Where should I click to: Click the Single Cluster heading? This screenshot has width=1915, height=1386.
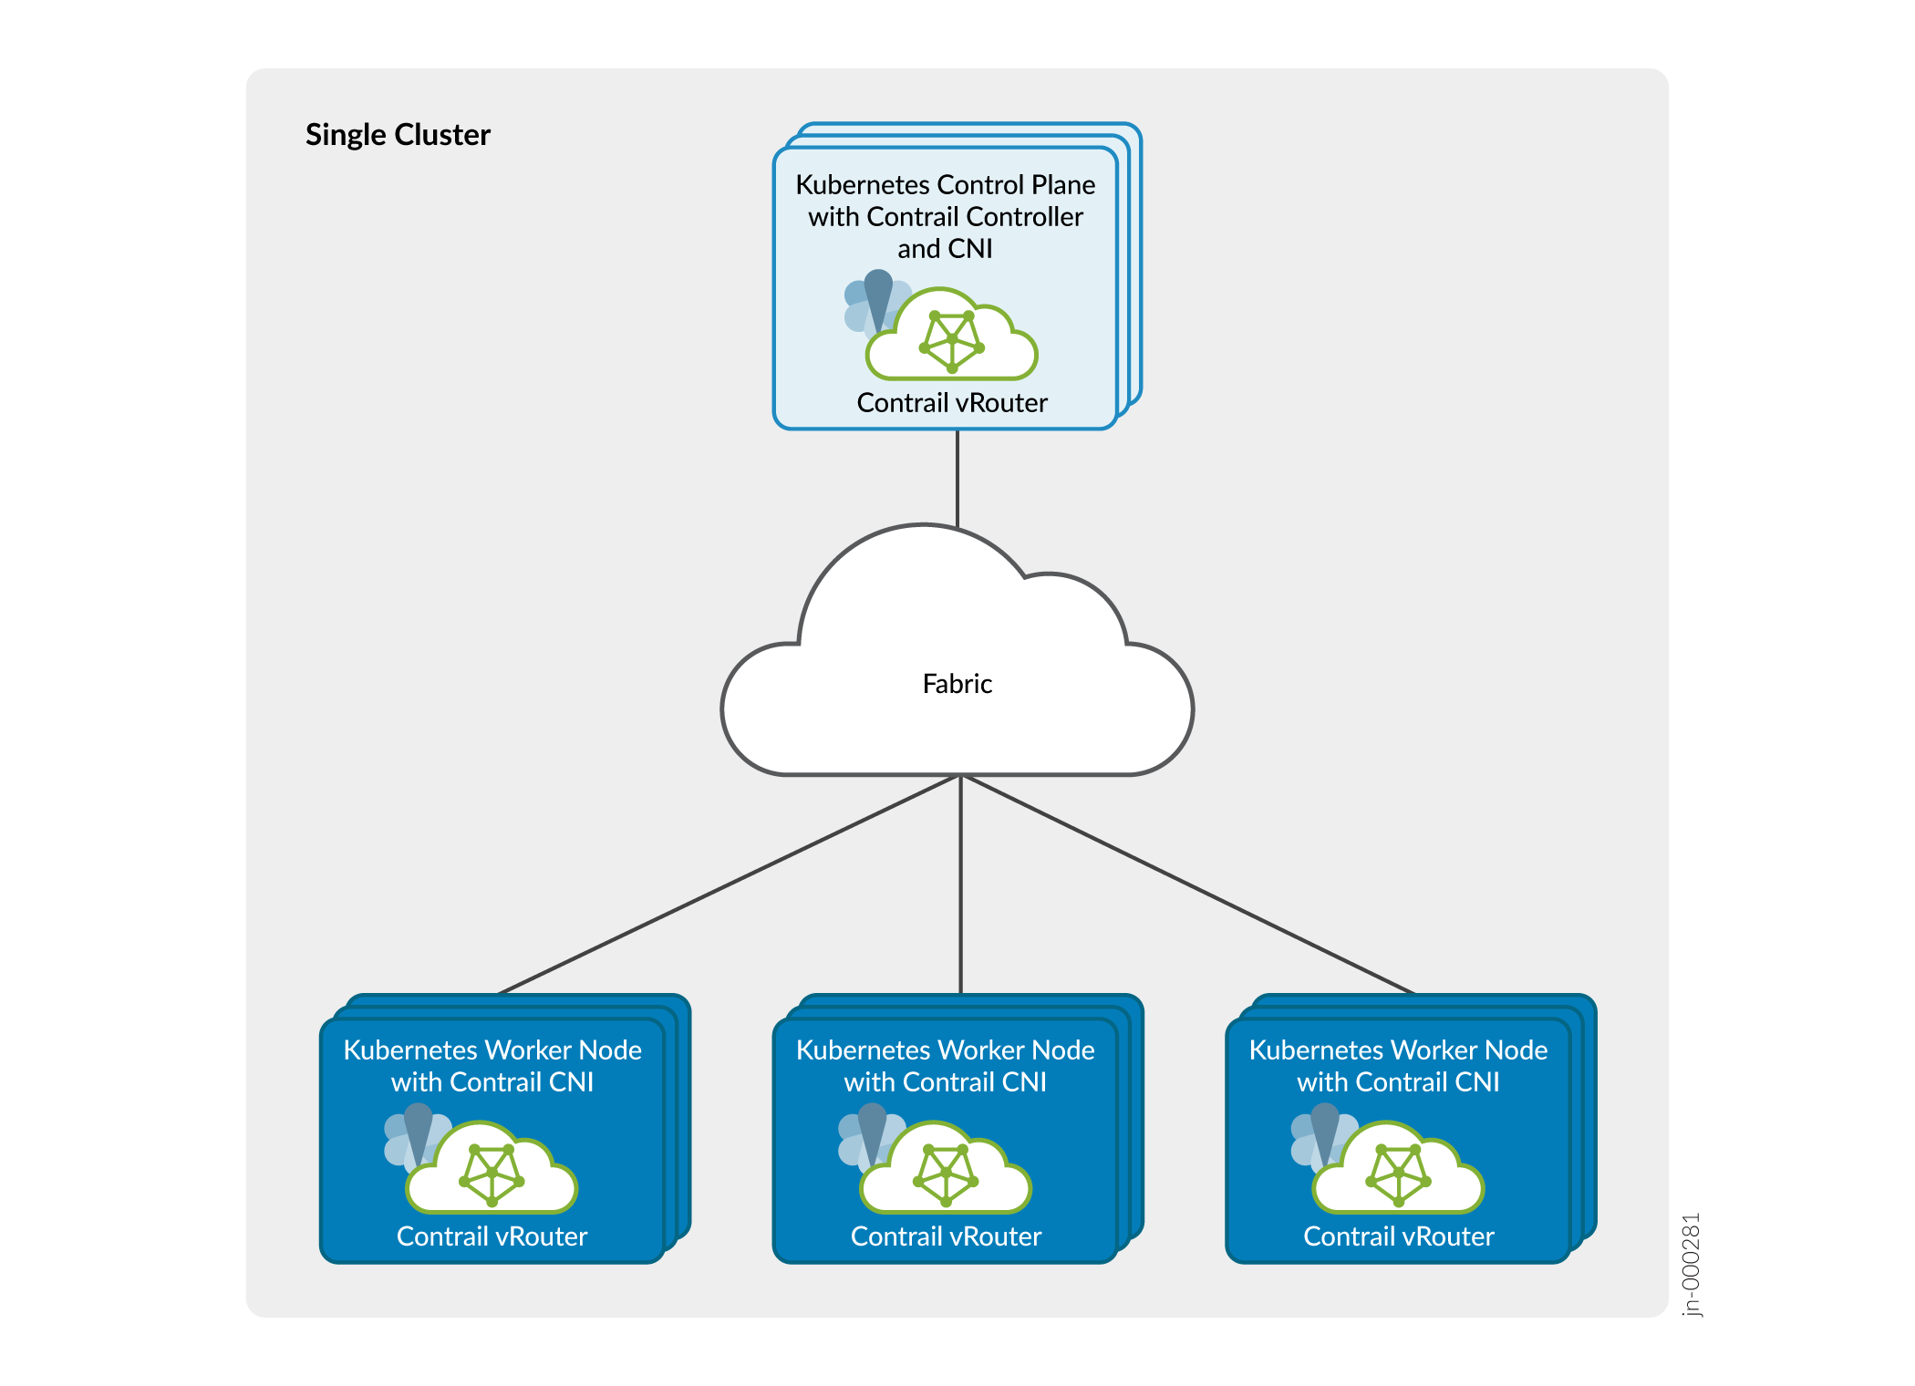398,135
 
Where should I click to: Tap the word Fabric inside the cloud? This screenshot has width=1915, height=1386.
957,684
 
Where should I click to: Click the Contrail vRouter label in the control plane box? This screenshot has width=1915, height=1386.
952,403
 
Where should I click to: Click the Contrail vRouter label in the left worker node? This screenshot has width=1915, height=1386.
492,1236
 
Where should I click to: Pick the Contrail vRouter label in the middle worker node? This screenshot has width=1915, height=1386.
946,1236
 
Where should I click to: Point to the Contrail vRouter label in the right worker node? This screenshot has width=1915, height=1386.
1398,1236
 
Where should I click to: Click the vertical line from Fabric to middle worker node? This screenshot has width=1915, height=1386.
960,884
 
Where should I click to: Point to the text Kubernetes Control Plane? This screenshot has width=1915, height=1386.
945,185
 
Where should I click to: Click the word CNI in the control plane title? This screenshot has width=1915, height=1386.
970,249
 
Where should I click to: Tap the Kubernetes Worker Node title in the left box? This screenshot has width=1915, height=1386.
492,1050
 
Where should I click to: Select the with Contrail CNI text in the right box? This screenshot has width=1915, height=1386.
1398,1082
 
